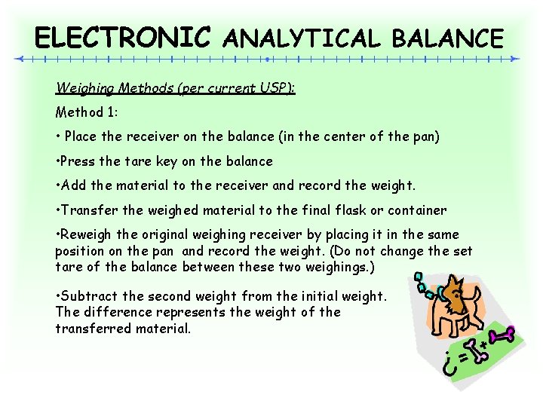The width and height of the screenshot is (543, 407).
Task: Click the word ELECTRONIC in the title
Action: click(x=123, y=37)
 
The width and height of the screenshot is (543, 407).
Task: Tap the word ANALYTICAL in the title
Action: click(x=302, y=38)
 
